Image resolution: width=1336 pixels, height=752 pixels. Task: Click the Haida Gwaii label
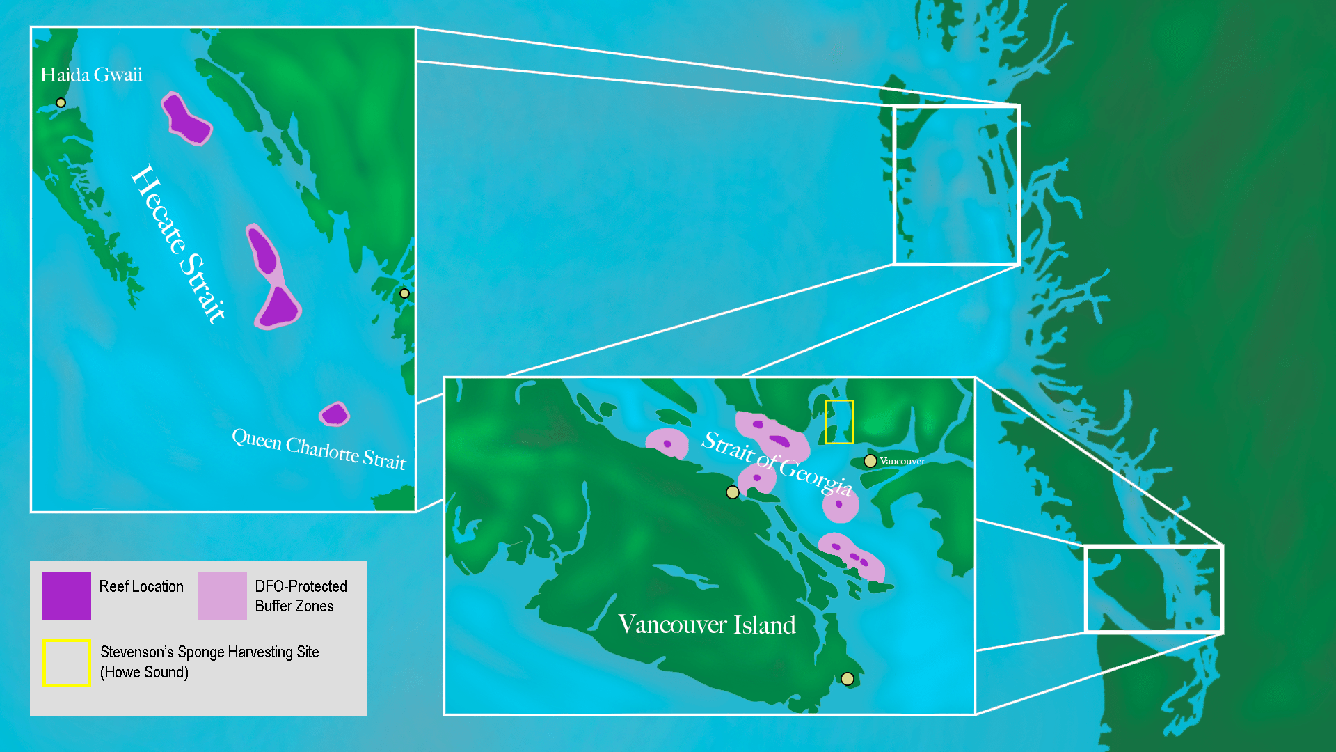click(x=91, y=75)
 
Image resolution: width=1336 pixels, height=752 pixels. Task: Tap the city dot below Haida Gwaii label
click(x=61, y=103)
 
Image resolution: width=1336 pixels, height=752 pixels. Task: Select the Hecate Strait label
click(x=179, y=244)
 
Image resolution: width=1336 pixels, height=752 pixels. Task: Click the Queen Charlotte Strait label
click(x=319, y=449)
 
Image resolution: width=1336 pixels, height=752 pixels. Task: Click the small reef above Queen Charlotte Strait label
click(x=335, y=414)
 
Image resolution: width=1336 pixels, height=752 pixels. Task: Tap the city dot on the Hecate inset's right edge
click(x=404, y=294)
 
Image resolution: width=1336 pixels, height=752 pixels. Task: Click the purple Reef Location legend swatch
click(x=67, y=596)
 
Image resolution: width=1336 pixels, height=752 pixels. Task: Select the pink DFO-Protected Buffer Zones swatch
click(x=223, y=596)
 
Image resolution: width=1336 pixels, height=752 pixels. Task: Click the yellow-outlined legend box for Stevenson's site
click(x=67, y=663)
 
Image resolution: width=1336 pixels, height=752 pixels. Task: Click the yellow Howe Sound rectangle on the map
click(x=839, y=422)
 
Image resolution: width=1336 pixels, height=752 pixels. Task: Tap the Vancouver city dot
click(x=870, y=461)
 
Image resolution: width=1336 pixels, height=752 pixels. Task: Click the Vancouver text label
click(x=902, y=461)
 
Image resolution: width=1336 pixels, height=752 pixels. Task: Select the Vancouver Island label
click(x=707, y=625)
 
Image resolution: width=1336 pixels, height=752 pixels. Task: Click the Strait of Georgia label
click(x=777, y=462)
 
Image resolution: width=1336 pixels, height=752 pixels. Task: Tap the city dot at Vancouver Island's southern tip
click(x=847, y=679)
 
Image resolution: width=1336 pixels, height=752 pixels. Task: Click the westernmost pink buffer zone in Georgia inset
click(x=667, y=444)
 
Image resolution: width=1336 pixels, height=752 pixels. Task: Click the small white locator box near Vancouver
click(x=1154, y=590)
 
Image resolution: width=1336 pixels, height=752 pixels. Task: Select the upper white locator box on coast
click(x=956, y=185)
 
